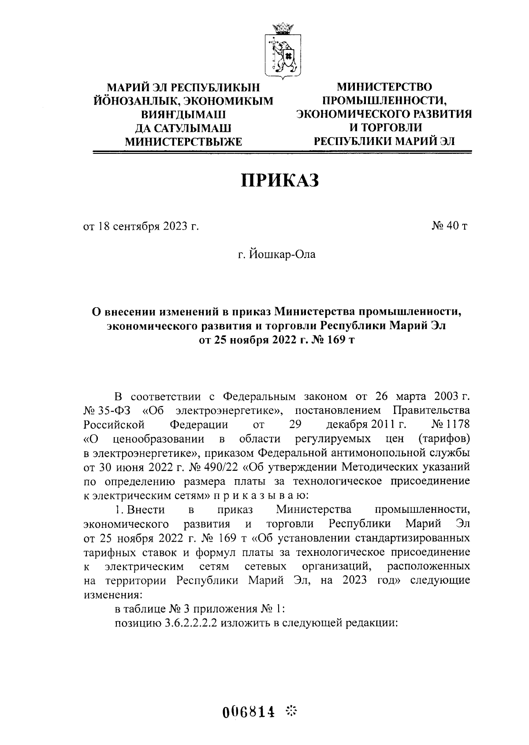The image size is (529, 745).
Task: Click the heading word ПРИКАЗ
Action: point(279,180)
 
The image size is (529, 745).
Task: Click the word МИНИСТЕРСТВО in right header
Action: point(384,86)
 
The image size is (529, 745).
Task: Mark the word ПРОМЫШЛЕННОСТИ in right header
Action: point(384,100)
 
